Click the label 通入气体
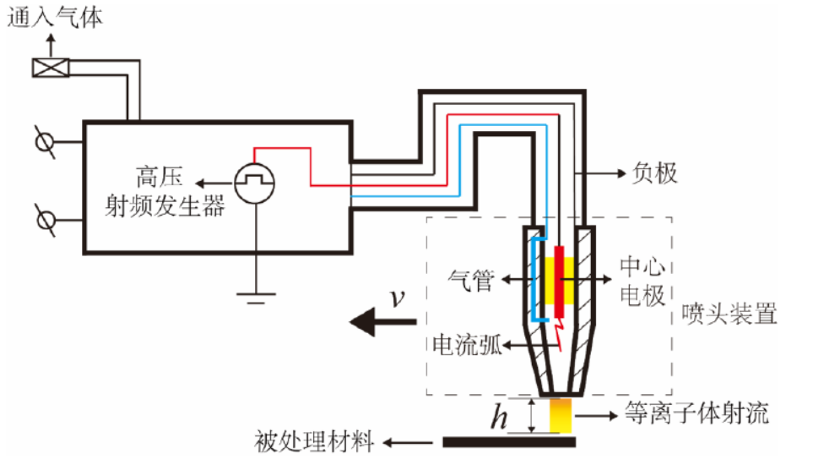[56, 18]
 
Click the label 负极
[655, 174]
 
